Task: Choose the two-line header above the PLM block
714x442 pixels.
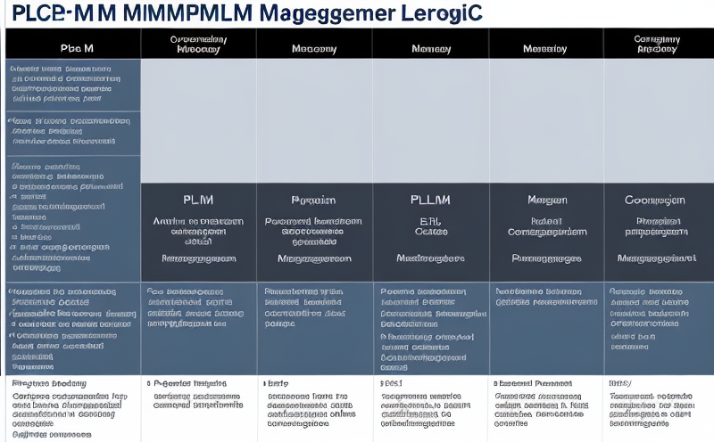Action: point(197,45)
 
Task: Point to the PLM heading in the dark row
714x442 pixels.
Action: point(197,201)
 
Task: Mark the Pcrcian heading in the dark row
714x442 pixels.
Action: point(313,201)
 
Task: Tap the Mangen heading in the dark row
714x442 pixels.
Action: point(547,201)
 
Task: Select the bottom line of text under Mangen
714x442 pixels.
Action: point(547,258)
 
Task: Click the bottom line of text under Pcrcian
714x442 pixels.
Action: point(313,258)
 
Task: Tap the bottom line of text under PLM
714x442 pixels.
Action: point(197,258)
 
